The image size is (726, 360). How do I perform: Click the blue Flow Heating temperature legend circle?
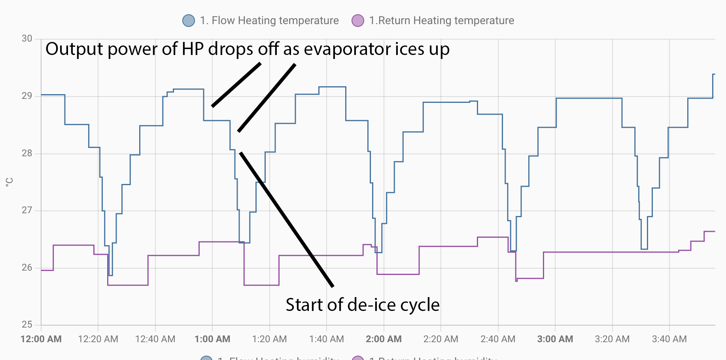coord(189,21)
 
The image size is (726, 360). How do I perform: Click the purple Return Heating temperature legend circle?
coord(358,21)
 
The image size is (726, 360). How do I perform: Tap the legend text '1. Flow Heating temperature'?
coord(269,21)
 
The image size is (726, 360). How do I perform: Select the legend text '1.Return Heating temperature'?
coord(441,21)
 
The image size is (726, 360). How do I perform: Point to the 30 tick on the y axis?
coord(27,39)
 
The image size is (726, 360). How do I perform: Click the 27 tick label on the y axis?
coord(27,210)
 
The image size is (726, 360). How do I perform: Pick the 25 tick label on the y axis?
coord(27,325)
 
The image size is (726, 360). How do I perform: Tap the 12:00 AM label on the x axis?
coord(41,339)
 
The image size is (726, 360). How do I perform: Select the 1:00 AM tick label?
coord(212,339)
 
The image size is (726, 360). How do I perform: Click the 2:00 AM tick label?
coord(384,339)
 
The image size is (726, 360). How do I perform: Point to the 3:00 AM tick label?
coord(555,339)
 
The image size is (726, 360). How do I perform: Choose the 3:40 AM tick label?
coord(669,339)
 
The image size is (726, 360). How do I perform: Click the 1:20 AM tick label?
coord(269,339)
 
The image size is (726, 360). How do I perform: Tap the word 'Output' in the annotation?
coord(74,49)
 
